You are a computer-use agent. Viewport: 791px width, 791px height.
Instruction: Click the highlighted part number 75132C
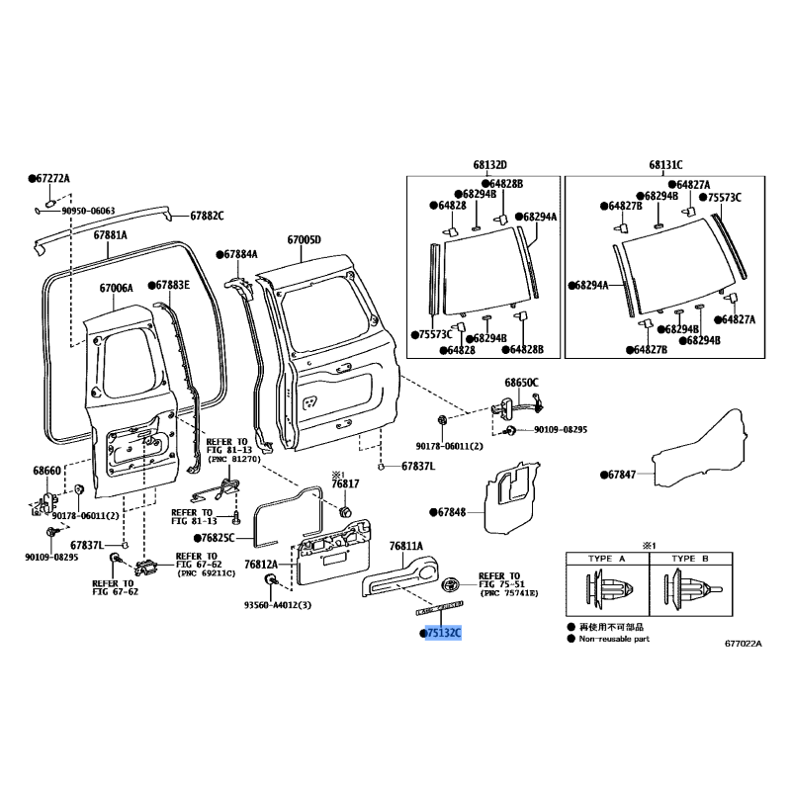point(443,633)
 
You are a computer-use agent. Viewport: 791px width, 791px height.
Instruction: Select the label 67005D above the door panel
point(305,239)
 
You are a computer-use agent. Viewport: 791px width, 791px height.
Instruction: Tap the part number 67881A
point(110,234)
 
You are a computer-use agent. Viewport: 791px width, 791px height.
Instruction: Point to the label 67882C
point(207,216)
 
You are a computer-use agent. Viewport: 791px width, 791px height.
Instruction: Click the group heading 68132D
point(489,165)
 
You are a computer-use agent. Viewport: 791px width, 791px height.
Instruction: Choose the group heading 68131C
point(665,165)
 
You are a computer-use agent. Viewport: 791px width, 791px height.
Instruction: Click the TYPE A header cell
point(607,559)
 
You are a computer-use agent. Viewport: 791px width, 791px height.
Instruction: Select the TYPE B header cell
point(690,559)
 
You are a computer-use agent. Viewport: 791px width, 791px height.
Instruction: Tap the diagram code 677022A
point(744,644)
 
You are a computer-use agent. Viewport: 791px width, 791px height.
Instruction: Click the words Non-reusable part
point(614,639)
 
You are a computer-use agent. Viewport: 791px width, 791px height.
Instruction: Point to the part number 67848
point(452,512)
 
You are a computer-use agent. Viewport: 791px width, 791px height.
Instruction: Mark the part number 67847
point(622,475)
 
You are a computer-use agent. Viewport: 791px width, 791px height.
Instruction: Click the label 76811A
point(406,546)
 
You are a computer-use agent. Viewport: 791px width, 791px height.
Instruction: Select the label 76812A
point(261,565)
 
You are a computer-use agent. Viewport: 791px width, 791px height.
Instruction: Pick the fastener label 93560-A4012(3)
point(278,605)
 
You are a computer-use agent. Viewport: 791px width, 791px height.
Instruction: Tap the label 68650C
point(522,383)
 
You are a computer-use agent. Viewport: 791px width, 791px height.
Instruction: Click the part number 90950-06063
point(88,211)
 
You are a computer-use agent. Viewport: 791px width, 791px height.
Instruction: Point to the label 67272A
point(53,179)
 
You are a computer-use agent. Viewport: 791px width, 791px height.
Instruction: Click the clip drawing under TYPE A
point(607,588)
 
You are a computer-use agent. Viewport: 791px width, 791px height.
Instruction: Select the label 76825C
point(218,538)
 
